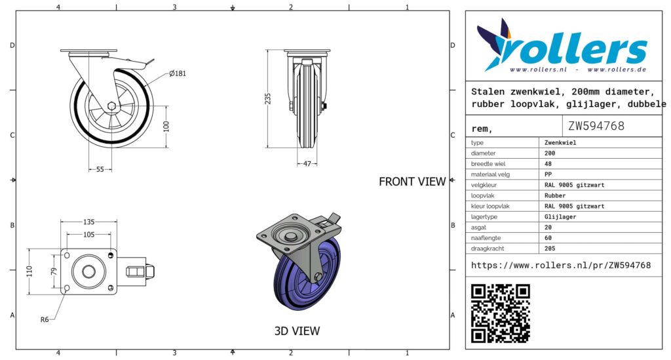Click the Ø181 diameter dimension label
[x=178, y=73]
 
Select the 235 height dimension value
[x=268, y=98]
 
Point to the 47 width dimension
[x=307, y=163]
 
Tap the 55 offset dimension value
[x=100, y=170]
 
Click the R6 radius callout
[x=45, y=319]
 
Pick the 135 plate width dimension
[x=88, y=222]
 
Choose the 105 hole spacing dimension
[x=88, y=235]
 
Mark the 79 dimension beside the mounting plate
[x=54, y=271]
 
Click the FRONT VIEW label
[x=412, y=182]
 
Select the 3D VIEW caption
[x=297, y=331]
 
